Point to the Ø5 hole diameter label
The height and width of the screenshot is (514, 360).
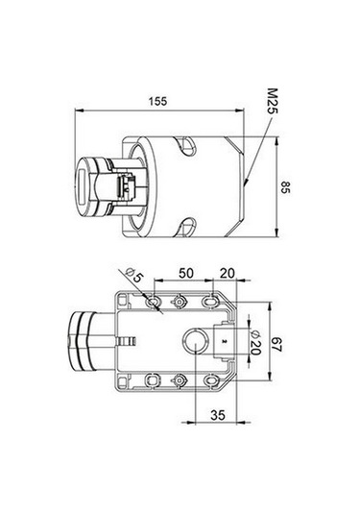tap(133, 279)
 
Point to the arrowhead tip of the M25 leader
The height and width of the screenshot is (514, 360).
tap(246, 179)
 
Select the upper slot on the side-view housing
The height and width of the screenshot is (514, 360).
tap(183, 146)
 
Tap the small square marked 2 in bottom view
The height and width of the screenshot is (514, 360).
tap(224, 341)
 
